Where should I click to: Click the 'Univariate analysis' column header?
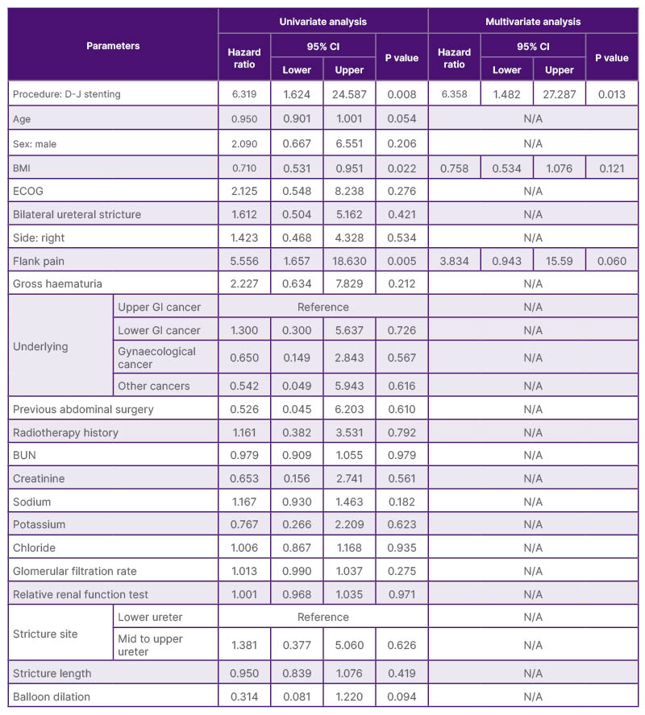click(322, 22)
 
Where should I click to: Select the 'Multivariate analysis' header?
click(532, 22)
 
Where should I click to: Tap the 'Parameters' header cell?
click(113, 46)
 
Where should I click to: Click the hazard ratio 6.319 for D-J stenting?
click(243, 95)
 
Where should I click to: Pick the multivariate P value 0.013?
click(611, 95)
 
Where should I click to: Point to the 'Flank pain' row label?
click(40, 261)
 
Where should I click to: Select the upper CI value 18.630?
click(349, 261)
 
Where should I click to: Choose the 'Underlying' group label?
click(40, 346)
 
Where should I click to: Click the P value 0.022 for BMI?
click(401, 168)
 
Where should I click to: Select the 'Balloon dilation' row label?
click(51, 696)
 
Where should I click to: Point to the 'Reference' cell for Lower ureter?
click(322, 617)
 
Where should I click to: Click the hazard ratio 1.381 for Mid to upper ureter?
click(243, 645)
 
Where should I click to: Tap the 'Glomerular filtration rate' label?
click(75, 571)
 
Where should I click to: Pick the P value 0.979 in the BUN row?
click(401, 456)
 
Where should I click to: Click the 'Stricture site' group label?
click(45, 634)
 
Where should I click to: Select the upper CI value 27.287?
click(559, 95)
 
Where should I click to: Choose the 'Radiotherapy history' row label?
click(65, 432)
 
